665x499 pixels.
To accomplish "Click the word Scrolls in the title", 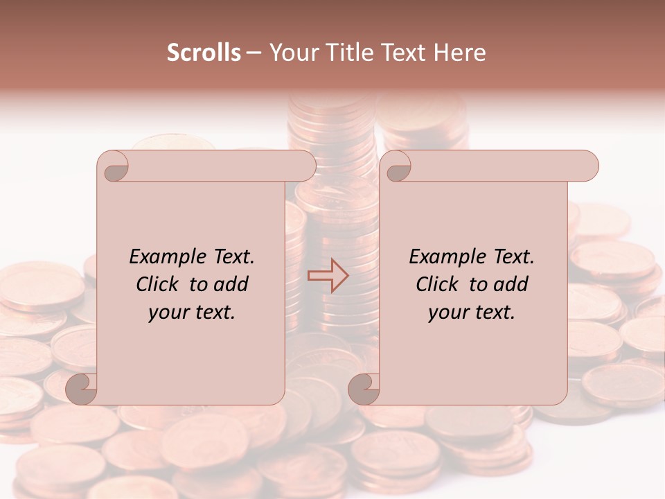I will click(x=204, y=53).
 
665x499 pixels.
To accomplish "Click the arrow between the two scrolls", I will click(x=328, y=276).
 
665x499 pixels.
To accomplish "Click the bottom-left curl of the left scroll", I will click(x=82, y=388).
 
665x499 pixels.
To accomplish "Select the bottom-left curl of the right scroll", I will click(x=364, y=388).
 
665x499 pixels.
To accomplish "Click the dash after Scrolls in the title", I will click(x=254, y=53).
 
